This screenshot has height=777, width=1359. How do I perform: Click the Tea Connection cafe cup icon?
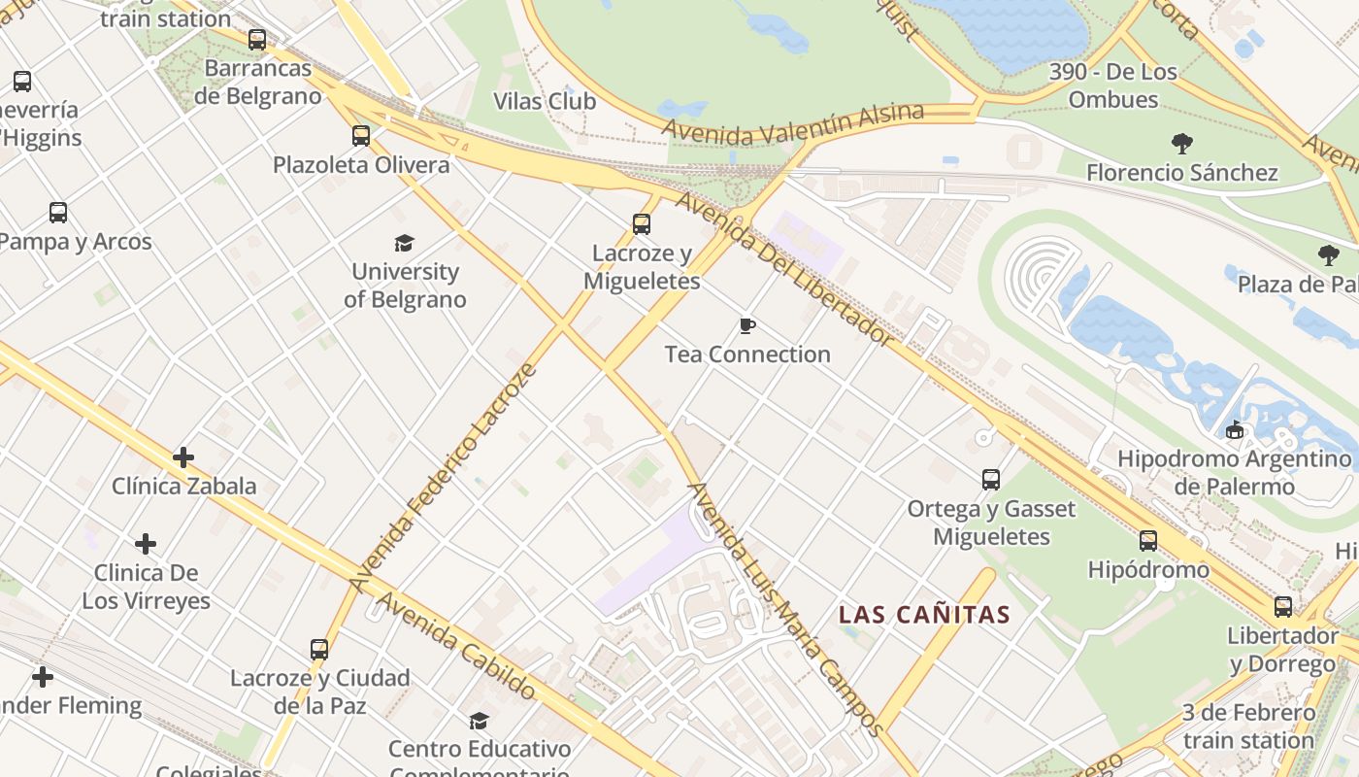coord(746,325)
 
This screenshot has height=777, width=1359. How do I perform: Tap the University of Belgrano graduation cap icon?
coord(404,243)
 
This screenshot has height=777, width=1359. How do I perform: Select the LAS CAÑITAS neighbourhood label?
coord(924,615)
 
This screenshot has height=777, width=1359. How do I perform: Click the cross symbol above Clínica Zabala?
coord(183,457)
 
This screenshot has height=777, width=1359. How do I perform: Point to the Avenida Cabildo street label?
coord(455,645)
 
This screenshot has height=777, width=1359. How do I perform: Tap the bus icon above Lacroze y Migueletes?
coord(642,224)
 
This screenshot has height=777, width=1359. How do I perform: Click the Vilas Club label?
coord(545,101)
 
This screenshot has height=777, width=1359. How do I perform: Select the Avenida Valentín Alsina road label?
coord(792,122)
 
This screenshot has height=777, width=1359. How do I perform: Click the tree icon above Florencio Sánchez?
coord(1181,144)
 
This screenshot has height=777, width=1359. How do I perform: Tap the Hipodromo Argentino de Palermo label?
coord(1234,472)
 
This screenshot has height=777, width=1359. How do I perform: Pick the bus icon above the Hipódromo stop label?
coord(1148,541)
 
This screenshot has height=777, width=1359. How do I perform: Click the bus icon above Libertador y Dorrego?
coord(1283,607)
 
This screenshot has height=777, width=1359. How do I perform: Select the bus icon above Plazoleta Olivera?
coord(361,136)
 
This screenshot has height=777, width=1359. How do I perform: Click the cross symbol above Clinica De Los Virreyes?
coord(146,544)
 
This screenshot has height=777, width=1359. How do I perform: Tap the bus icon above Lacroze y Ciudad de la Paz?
coord(319,649)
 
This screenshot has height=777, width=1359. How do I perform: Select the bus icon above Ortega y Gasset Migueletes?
coord(991,480)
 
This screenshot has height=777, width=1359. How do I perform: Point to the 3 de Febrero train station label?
coord(1248,726)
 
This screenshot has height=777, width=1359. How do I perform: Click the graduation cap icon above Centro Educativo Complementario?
coord(479,721)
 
